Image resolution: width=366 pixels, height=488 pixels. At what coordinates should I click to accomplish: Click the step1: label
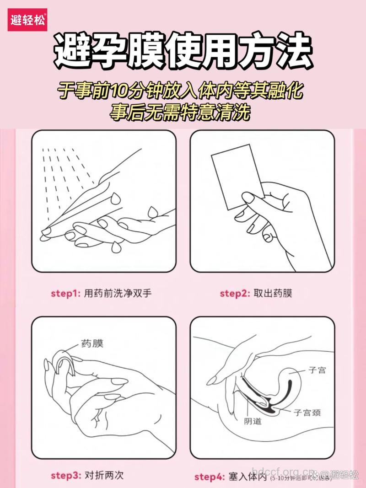tap(65, 293)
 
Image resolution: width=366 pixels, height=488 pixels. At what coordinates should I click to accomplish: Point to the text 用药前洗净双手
tap(118, 293)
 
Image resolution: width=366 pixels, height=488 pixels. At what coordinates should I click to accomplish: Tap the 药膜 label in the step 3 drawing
tap(92, 343)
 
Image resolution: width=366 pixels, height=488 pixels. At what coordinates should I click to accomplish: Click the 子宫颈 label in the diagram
tap(307, 412)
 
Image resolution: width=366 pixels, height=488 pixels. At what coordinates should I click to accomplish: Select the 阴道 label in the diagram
tap(253, 421)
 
